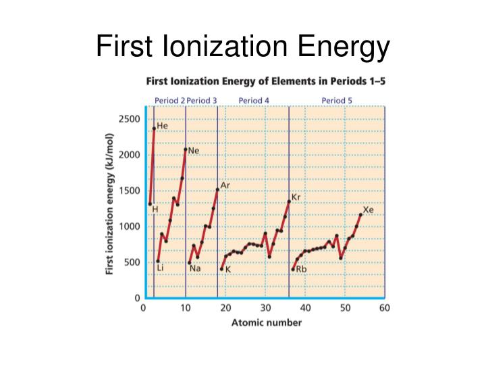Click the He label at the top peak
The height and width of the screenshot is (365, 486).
163,126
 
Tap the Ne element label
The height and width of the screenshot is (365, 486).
194,151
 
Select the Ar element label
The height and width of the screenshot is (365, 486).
225,185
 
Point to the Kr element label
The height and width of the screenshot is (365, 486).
296,197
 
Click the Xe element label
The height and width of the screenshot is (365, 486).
369,210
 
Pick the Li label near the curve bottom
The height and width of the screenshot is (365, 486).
160,268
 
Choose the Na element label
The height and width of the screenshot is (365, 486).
195,268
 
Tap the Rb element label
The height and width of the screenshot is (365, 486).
301,269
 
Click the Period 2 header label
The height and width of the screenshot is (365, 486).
169,100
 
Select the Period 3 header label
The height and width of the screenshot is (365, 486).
202,100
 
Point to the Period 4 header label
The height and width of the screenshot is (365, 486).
254,100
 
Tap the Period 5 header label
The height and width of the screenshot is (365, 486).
337,100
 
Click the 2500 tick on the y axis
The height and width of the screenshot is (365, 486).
130,119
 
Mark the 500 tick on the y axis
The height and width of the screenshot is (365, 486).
132,262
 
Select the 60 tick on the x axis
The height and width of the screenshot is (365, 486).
385,308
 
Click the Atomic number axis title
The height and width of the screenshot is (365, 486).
266,322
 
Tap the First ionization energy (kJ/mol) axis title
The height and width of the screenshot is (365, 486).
109,205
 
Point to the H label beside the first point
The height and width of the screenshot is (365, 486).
155,210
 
